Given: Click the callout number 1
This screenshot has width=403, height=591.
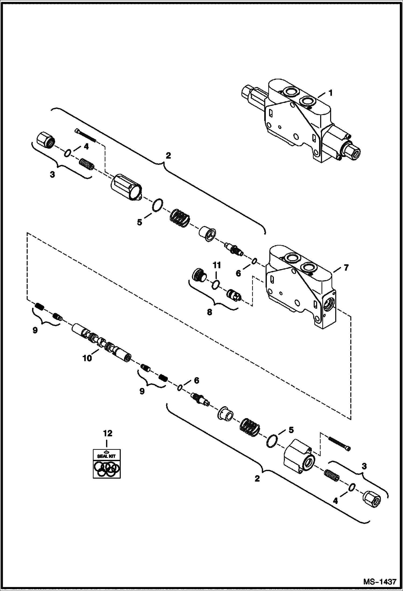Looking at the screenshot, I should (330, 93).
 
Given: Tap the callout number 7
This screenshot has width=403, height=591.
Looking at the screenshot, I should (345, 267).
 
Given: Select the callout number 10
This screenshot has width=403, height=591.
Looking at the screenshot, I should (87, 358).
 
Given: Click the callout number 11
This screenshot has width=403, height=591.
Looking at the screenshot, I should (217, 265).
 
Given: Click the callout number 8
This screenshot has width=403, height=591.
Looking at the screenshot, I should (209, 312).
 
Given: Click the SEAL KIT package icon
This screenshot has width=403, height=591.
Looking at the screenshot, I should (107, 464).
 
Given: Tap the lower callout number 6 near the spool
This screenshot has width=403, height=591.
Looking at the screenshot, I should (196, 380).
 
